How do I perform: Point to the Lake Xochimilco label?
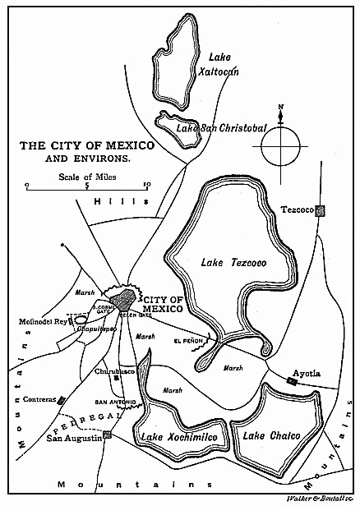178,437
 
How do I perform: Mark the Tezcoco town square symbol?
322,210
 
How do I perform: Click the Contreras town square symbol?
60,400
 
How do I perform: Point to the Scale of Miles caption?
85,175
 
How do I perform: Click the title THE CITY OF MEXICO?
86,145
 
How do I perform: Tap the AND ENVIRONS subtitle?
87,159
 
